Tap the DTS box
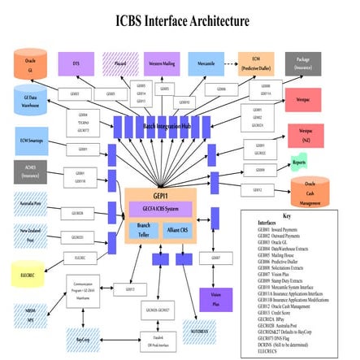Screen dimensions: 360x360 pyautogui.click(x=76, y=63)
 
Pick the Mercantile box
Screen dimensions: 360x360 pyautogui.click(x=206, y=63)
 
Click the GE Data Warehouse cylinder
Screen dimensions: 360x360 pyautogui.click(x=30, y=102)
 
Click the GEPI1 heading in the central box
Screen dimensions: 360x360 pyautogui.click(x=160, y=196)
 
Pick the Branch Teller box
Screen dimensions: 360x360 pyautogui.click(x=144, y=231)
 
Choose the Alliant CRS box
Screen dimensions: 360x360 pyautogui.click(x=177, y=231)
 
